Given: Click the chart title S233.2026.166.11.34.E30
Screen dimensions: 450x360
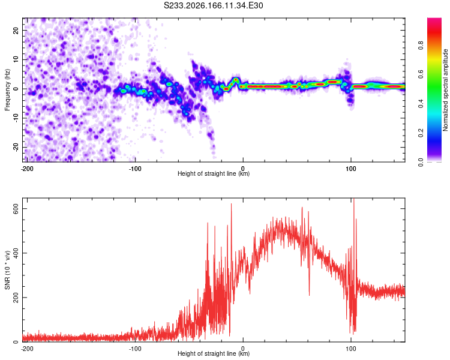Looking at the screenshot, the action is [x=213, y=5].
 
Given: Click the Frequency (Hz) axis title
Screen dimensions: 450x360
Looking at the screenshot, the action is [x=7, y=90].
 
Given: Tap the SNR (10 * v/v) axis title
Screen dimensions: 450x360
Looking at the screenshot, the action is [x=7, y=270].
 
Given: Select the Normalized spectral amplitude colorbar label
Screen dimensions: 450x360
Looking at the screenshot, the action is [x=445, y=90].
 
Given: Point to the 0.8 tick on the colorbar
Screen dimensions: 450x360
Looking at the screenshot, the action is [x=421, y=46].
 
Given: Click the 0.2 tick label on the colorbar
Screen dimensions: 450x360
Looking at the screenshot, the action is [x=421, y=133].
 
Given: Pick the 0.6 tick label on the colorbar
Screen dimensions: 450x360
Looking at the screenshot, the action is [x=421, y=74].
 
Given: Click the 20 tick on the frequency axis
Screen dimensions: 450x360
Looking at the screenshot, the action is [x=16, y=30].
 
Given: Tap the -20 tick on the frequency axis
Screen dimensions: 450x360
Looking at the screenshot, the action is [x=16, y=148].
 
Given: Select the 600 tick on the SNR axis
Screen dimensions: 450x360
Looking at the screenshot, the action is [x=16, y=209].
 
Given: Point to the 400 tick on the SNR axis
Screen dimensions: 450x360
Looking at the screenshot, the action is [x=16, y=253].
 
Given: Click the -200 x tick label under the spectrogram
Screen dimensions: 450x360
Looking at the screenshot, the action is [x=27, y=169].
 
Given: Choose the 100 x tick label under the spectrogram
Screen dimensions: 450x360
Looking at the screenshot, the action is [x=351, y=169].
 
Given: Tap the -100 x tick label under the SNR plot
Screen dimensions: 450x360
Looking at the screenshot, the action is [x=135, y=349].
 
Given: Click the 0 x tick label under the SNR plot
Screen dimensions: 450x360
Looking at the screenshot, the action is [x=243, y=349].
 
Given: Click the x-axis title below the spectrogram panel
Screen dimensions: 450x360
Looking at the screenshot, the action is [x=214, y=173].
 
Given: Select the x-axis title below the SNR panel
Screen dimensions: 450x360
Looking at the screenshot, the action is [x=214, y=353].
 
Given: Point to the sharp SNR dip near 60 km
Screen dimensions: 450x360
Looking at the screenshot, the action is [x=309, y=295].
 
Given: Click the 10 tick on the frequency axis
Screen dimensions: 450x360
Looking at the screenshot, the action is [x=16, y=59].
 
